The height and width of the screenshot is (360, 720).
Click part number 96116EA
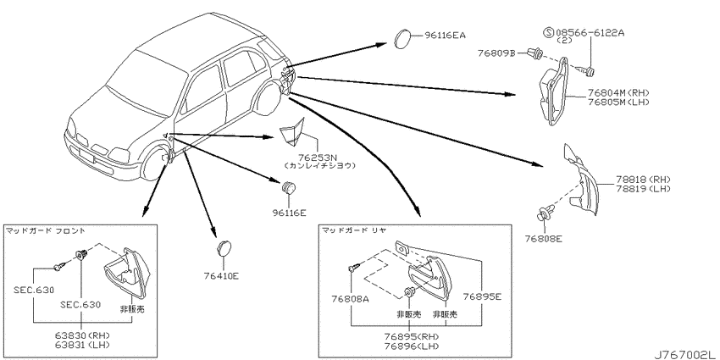(446, 35)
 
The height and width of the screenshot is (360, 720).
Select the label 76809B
(497, 53)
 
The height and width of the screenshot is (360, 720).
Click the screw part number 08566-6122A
(590, 33)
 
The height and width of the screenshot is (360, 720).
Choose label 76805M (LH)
(618, 102)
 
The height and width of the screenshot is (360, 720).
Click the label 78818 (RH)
(636, 180)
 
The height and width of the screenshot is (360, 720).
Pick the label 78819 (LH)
(636, 189)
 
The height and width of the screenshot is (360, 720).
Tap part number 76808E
(544, 238)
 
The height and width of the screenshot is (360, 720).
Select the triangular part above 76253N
(291, 130)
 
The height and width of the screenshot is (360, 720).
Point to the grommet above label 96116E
(289, 187)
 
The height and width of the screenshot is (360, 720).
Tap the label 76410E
(222, 276)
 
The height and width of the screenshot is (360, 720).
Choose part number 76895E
(482, 296)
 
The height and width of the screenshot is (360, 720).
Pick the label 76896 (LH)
(408, 346)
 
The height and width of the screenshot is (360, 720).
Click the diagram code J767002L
(684, 355)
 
